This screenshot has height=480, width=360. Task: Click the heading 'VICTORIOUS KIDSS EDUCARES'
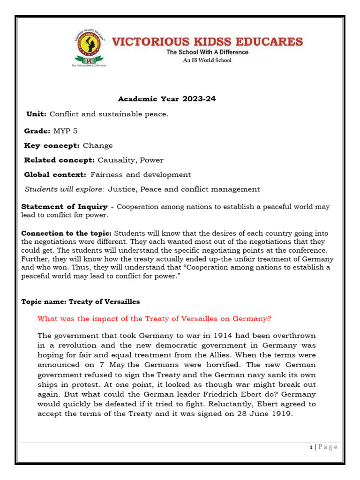[x=207, y=42]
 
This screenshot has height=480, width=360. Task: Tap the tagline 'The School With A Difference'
[x=207, y=52]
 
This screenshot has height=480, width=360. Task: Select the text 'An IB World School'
[x=207, y=60]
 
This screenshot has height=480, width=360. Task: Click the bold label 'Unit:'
[x=37, y=114]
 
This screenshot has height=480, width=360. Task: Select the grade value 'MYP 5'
[x=66, y=131]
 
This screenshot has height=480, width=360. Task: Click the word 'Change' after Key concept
[x=98, y=145]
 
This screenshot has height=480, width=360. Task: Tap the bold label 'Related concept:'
[x=59, y=160]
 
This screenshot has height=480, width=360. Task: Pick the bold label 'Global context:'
[x=55, y=174]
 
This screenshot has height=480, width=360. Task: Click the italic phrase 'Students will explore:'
[x=64, y=189]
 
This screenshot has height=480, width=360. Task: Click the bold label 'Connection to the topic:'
[x=67, y=233]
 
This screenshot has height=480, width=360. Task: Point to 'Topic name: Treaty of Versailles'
[x=81, y=302]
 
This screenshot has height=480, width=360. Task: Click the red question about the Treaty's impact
[x=154, y=319]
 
